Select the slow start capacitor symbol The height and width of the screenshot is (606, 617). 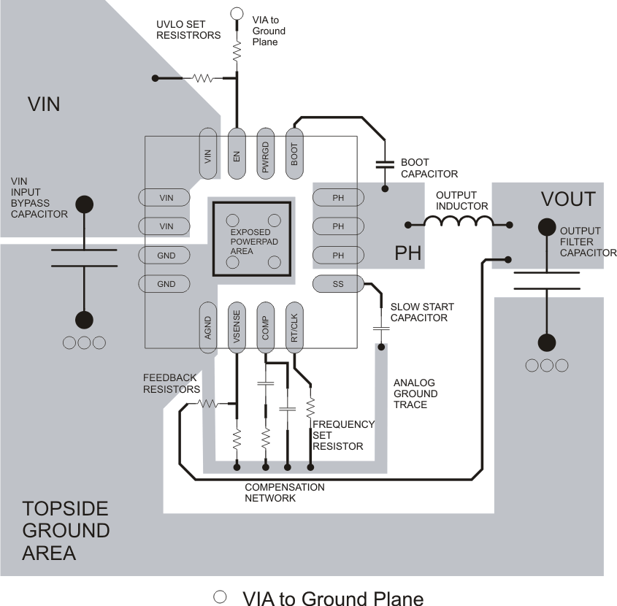coord(380,329)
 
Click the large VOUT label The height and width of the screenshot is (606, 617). coord(568,199)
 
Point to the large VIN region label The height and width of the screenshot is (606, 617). coord(43,104)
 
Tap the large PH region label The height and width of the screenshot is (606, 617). coord(408,254)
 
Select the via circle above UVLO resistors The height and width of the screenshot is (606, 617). coord(237,13)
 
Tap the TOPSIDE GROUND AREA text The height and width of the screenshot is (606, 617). coord(66,530)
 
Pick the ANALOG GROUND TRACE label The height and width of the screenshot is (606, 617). coord(415,394)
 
